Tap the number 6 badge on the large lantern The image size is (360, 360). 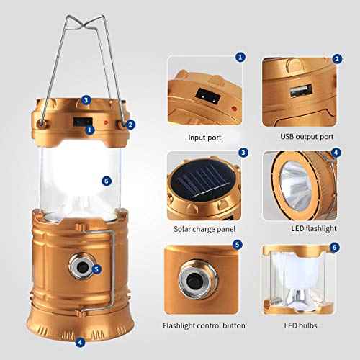pyautogui.click(x=107, y=181)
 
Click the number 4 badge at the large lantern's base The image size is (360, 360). pyautogui.click(x=80, y=342)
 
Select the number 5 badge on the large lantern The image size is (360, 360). pyautogui.click(x=96, y=269)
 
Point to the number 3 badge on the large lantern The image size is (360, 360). pyautogui.click(x=86, y=99)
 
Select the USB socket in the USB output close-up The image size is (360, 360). pyautogui.click(x=299, y=93)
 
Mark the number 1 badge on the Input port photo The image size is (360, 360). pyautogui.click(x=241, y=55)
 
